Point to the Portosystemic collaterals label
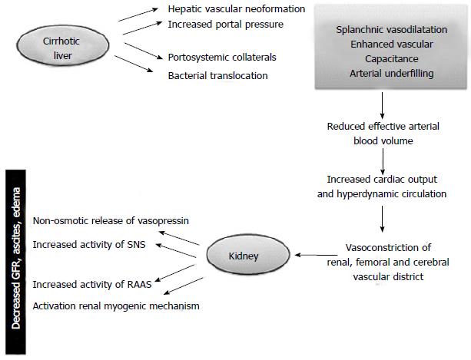[x=221, y=58]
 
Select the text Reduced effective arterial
[x=382, y=127]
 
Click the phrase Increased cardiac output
[x=382, y=179]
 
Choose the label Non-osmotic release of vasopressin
[x=111, y=221]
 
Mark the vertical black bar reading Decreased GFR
[x=14, y=257]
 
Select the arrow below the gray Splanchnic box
[x=382, y=102]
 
